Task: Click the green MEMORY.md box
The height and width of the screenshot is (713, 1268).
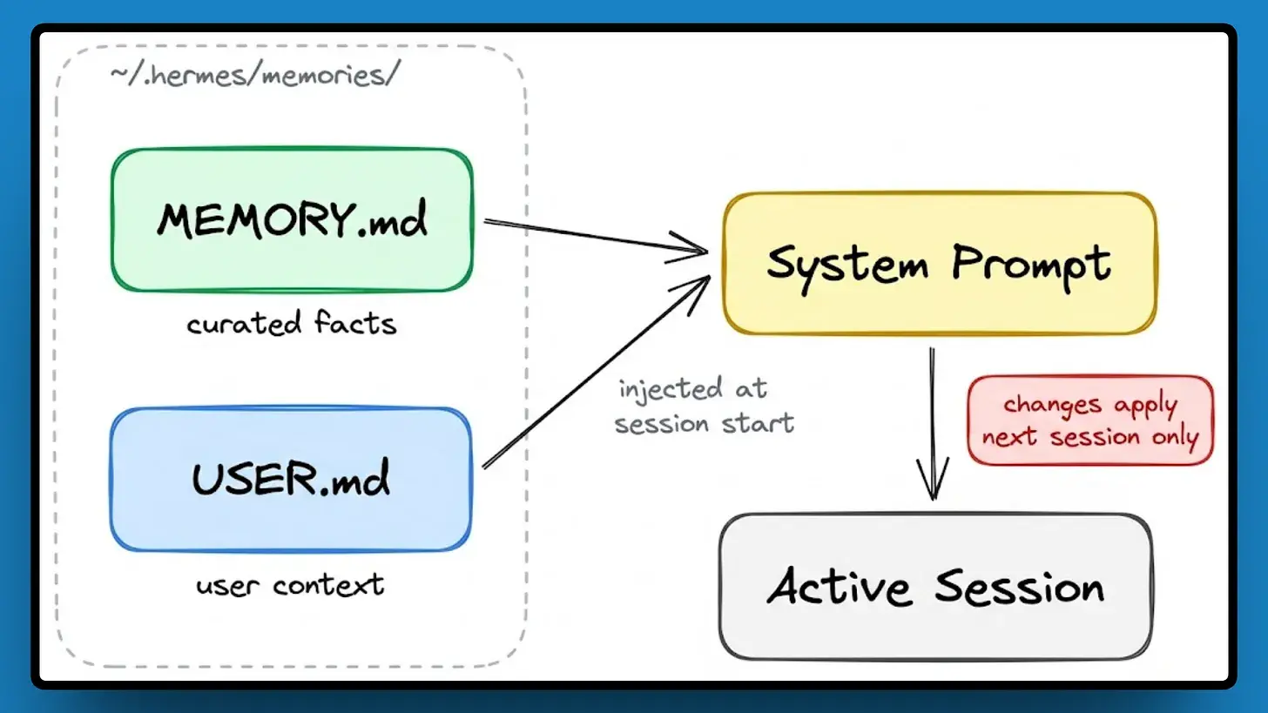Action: point(292,219)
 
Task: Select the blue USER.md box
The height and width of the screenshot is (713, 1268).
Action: point(291,479)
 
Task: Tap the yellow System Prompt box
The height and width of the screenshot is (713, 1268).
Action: point(939,263)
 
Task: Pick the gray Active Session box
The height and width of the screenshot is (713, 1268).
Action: point(936,586)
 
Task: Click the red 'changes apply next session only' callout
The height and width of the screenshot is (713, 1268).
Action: point(1089,420)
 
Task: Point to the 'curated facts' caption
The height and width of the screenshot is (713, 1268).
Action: point(292,324)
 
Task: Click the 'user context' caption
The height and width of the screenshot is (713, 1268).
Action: point(291,583)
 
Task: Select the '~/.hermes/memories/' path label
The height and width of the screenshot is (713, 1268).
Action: point(255,75)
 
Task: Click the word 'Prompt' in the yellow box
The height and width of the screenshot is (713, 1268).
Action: point(1031,263)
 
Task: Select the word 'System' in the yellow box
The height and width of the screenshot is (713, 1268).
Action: point(846,263)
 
